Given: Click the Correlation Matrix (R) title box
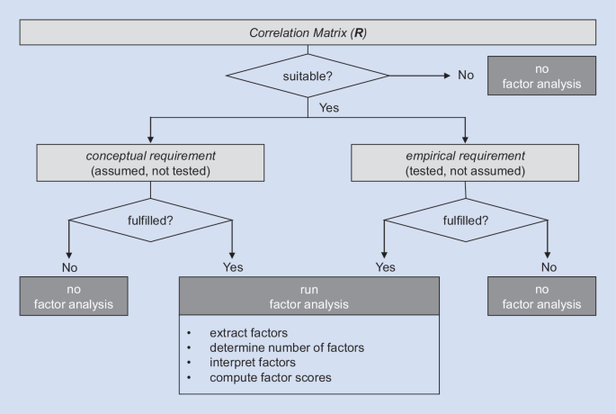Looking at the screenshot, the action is pos(308,32).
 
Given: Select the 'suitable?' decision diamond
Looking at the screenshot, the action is pos(308,76).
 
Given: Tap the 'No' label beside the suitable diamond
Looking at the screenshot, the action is pos(466,75).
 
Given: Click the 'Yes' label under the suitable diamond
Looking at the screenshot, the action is pos(329,108).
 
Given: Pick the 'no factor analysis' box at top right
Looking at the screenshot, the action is pos(541,76).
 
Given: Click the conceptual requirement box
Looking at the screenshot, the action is pos(150,163).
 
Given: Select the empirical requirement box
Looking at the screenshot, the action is pos(465,163).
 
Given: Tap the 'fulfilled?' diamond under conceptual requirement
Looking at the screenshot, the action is pos(150,220).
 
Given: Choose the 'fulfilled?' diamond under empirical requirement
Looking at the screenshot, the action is pos(466,220).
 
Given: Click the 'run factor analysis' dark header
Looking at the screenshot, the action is pos(309,296).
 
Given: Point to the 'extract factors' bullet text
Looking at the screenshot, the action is pos(249,333).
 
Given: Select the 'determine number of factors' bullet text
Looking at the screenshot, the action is pos(287,347).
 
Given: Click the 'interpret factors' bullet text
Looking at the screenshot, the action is pos(253,363).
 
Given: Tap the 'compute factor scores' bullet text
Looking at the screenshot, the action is pos(271,377).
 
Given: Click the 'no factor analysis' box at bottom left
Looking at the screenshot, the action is pos(74,296).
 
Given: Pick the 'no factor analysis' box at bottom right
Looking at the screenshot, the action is pos(541,296).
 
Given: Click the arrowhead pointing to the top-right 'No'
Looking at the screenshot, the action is pos(447,76).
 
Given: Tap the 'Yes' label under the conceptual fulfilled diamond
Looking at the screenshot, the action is pos(233,267).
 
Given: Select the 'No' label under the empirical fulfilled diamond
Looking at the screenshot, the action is pos(549,267).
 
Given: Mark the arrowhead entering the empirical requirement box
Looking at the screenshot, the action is pos(465,140).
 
